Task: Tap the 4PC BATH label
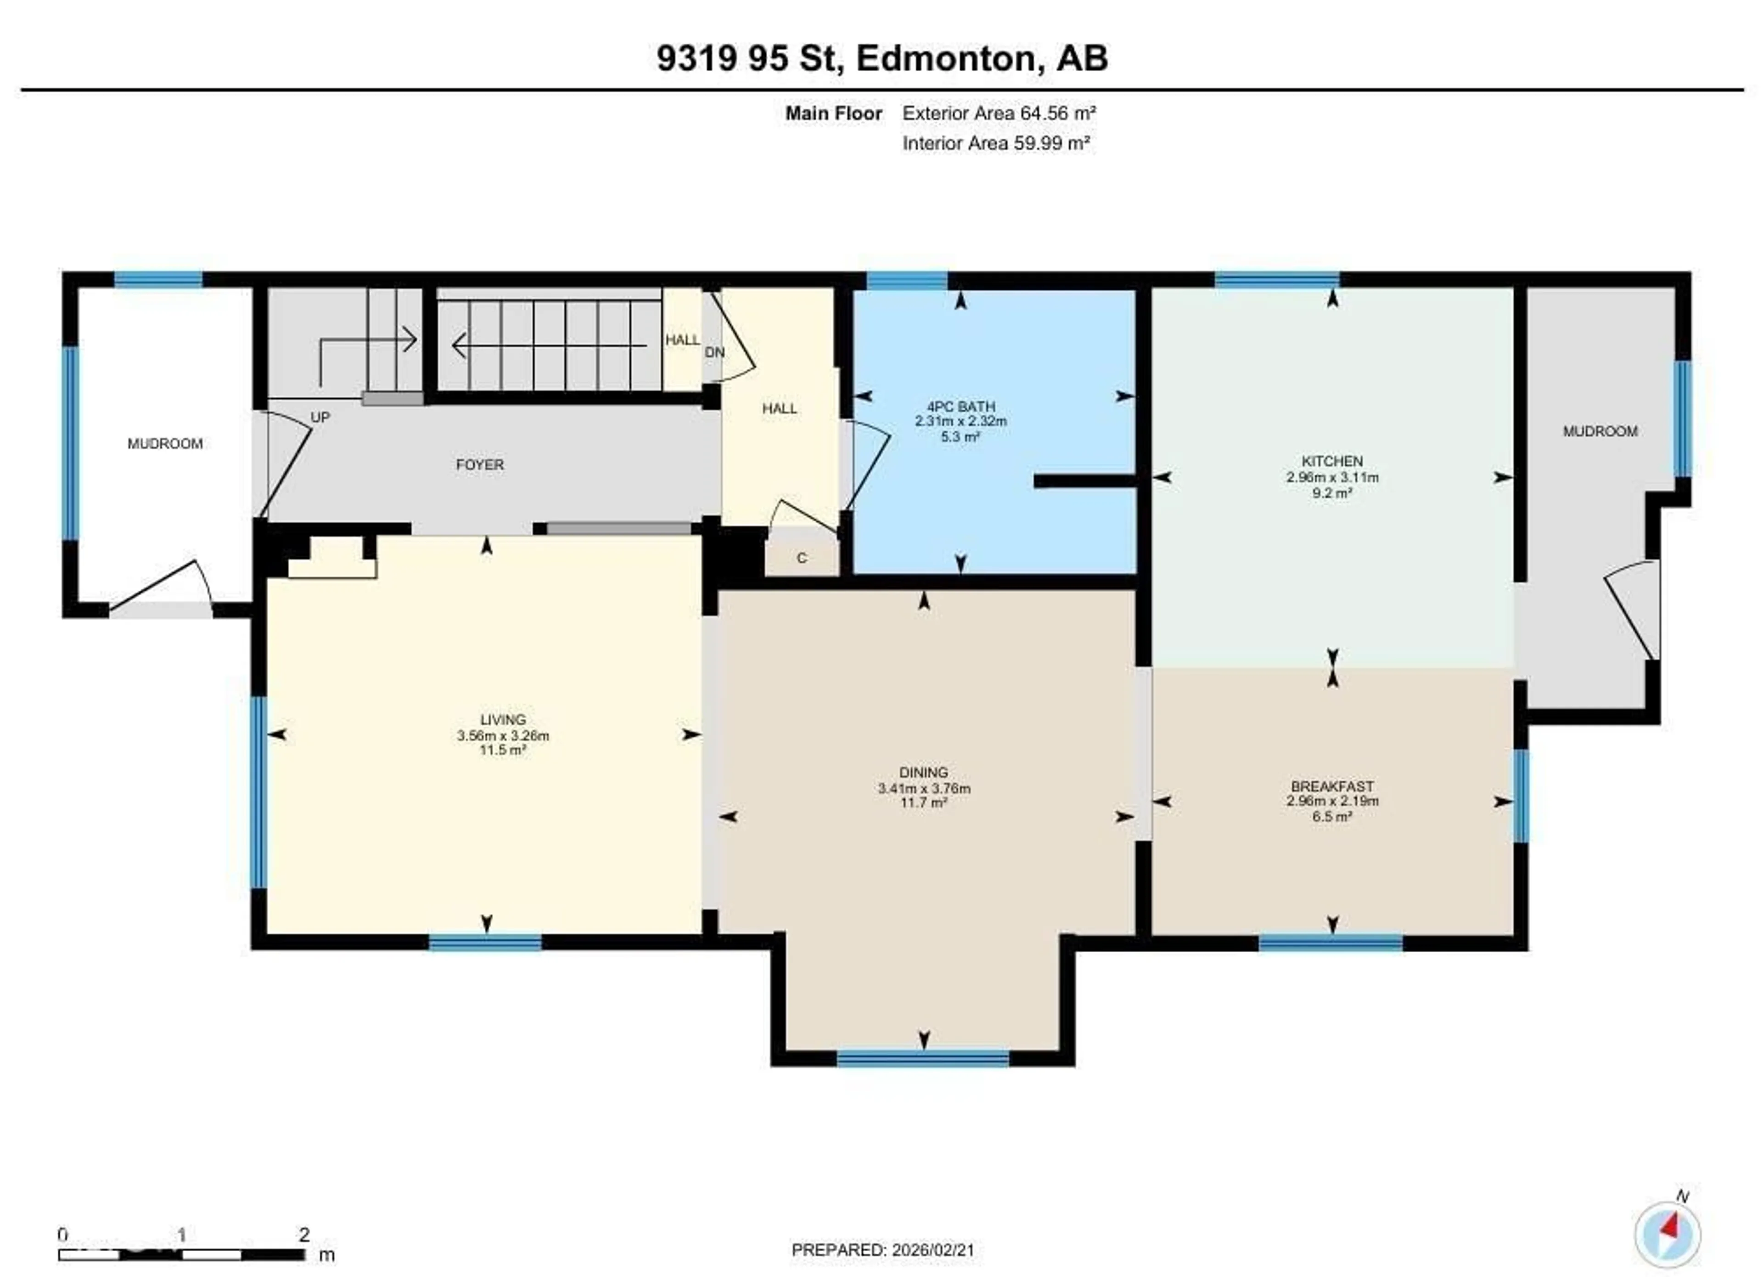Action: coord(961,407)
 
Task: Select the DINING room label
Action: coord(923,772)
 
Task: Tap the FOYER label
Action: coord(480,465)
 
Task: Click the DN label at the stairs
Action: coord(714,352)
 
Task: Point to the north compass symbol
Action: coord(1667,1235)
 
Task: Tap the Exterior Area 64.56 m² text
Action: coord(999,113)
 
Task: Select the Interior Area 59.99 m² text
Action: coord(996,143)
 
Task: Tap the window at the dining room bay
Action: coord(923,1058)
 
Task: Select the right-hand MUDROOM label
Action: coord(1600,432)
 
